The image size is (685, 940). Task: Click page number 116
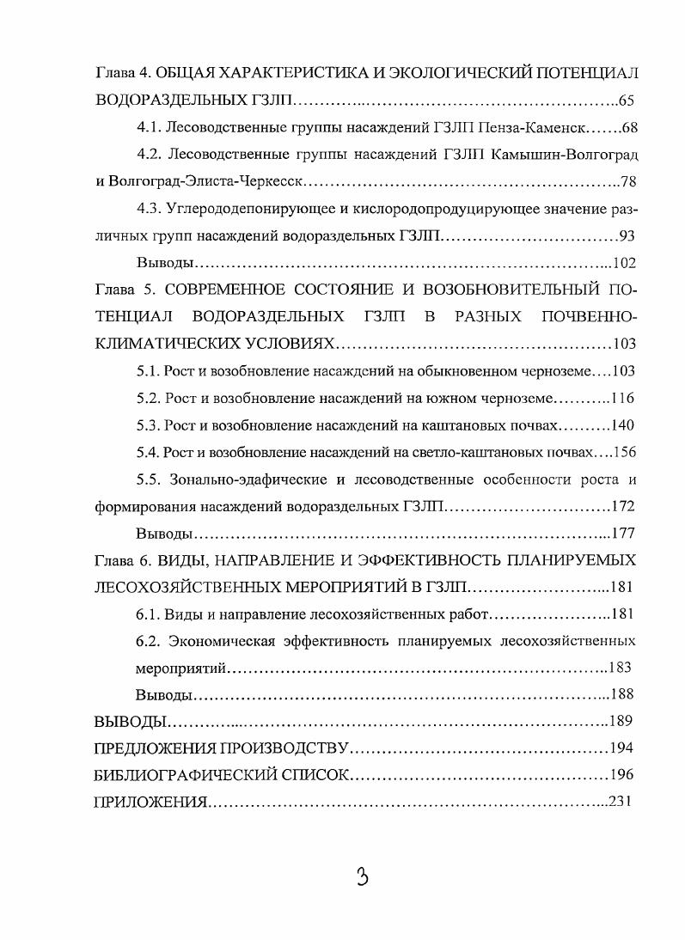(x=623, y=399)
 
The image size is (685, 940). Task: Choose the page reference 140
(x=623, y=425)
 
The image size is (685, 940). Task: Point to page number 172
(x=623, y=505)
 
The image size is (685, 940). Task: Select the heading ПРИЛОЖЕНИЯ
(x=150, y=802)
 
